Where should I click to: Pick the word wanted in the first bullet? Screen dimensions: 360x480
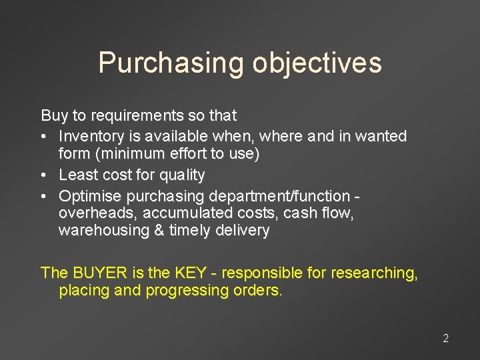click(381, 136)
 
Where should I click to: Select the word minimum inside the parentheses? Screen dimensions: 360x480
click(121, 154)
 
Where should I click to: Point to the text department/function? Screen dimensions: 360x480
click(279, 196)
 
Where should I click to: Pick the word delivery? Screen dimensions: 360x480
click(245, 231)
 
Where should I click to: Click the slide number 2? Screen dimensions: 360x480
click(445, 339)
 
